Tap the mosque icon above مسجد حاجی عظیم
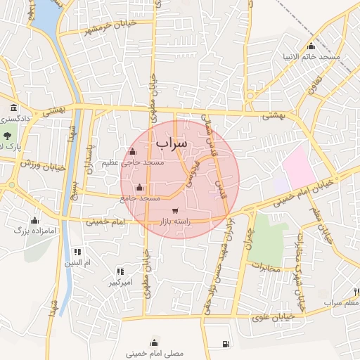tap(132, 151)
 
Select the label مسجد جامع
tap(140, 199)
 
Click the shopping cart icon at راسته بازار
tap(174, 210)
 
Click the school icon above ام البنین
tap(77, 251)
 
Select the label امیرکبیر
tap(121, 283)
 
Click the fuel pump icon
tap(225, 344)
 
